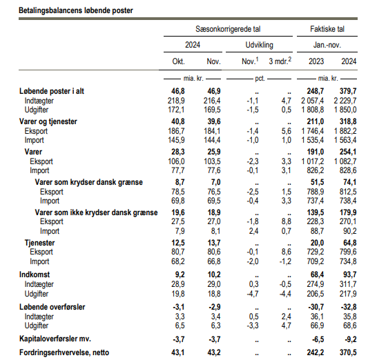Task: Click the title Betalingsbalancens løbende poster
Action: pos(76,10)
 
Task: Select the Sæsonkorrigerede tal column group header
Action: pos(228,29)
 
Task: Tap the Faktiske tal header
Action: pos(327,29)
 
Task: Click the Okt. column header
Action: pos(178,61)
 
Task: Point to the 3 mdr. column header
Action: pos(280,61)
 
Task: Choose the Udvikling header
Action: pos(260,45)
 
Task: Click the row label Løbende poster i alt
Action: pos(52,91)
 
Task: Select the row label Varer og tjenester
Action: pos(48,121)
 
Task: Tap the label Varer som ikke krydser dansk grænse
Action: pos(96,212)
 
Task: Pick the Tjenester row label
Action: pos(39,243)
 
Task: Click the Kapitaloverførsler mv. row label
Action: pos(55,339)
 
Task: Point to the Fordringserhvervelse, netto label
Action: pos(64,352)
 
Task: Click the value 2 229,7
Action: pos(345,101)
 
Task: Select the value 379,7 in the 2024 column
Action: pos(348,91)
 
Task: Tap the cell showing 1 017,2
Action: pos(313,161)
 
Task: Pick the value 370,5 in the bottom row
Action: pos(348,352)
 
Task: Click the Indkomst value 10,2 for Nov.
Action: pos(214,274)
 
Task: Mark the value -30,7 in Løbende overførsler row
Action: pos(316,307)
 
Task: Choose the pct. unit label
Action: pos(260,79)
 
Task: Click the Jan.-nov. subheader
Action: pos(327,45)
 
